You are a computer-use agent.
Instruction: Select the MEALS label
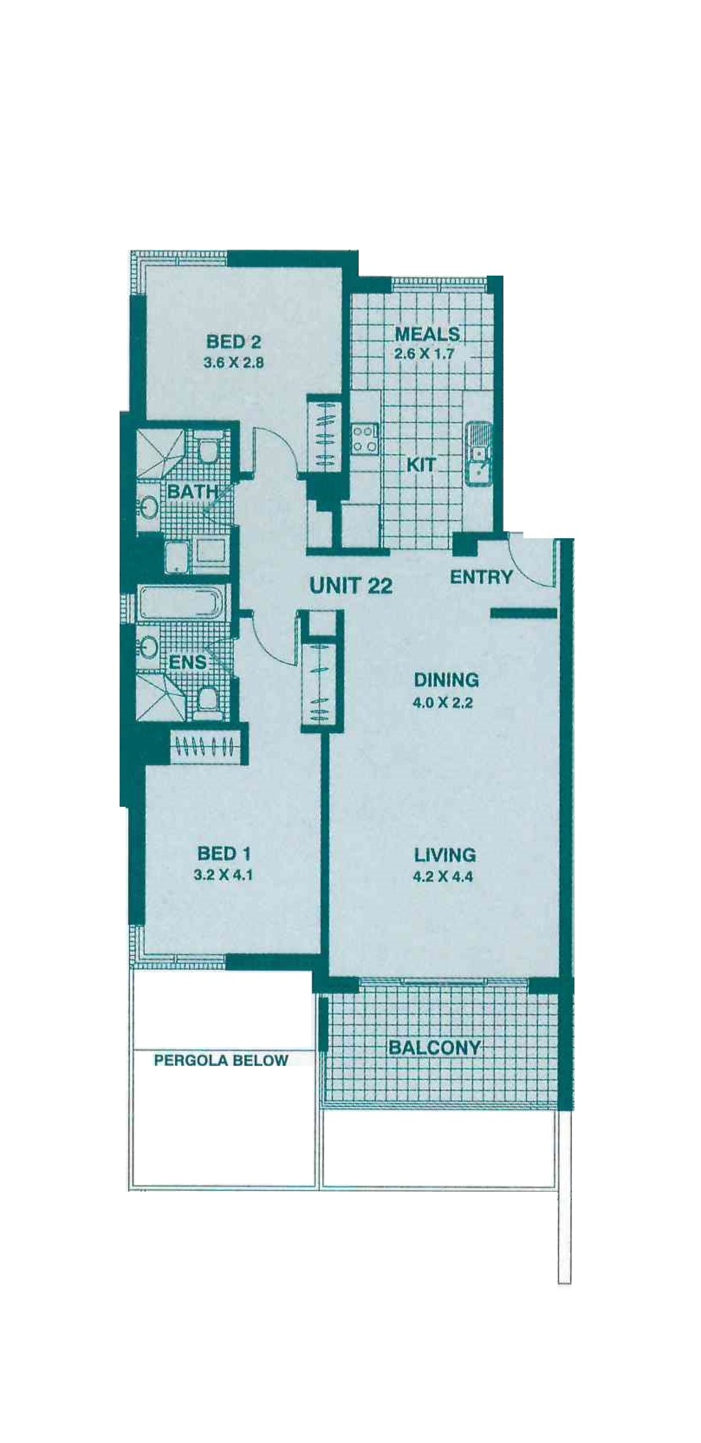click(x=427, y=334)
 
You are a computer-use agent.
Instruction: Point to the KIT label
click(x=421, y=464)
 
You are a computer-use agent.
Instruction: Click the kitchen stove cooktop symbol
click(x=365, y=439)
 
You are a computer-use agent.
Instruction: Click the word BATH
click(x=192, y=492)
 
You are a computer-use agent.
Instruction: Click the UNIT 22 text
click(x=351, y=586)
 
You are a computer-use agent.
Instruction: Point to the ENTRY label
click(x=481, y=577)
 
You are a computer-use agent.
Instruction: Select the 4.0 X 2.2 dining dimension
click(x=443, y=703)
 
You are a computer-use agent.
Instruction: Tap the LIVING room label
click(x=445, y=856)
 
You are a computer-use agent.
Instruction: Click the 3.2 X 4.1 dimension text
click(x=223, y=874)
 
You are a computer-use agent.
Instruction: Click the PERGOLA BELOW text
click(x=221, y=1060)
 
